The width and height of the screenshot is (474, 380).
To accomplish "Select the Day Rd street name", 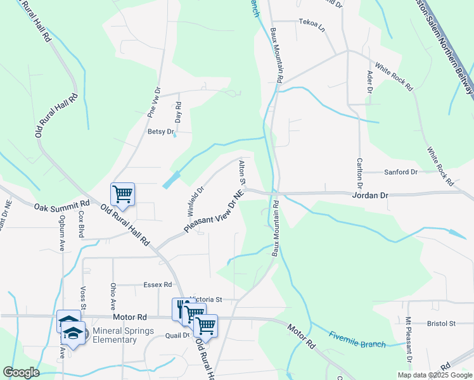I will [x=179, y=112].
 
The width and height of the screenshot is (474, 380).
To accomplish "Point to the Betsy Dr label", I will [x=160, y=132].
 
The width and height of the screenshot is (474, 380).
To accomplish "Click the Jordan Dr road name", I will [x=369, y=196].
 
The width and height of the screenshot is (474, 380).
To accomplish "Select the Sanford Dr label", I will [x=400, y=172].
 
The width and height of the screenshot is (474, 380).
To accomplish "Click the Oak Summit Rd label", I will [x=61, y=206].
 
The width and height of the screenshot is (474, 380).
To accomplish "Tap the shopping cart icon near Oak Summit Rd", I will [x=122, y=193].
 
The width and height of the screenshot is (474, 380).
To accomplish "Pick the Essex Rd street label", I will [x=158, y=285].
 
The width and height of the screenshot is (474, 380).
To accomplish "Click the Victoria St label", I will [x=207, y=300].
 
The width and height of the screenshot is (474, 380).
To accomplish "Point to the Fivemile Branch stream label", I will [x=357, y=339].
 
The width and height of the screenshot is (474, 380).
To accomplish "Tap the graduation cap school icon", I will [x=73, y=334].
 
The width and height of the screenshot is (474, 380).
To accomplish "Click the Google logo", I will [x=21, y=372].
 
